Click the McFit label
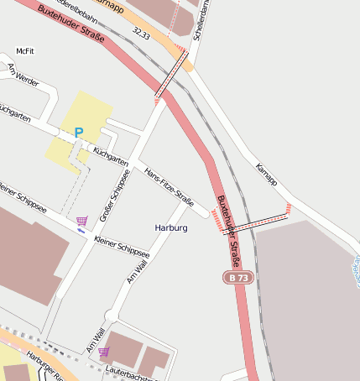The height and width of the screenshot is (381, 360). pyautogui.click(x=24, y=51)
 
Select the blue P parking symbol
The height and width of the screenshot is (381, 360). pyautogui.click(x=79, y=132)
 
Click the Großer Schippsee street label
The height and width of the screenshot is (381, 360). pyautogui.click(x=115, y=196)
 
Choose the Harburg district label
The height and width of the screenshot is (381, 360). pyautogui.click(x=171, y=227)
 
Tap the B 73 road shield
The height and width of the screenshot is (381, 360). pyautogui.click(x=237, y=277)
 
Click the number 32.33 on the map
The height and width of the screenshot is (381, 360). pyautogui.click(x=141, y=35)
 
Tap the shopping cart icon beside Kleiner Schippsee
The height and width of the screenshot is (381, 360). pyautogui.click(x=81, y=221)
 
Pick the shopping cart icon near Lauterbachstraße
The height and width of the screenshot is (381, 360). pyautogui.click(x=104, y=352)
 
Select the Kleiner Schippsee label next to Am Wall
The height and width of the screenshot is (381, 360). pyautogui.click(x=122, y=247)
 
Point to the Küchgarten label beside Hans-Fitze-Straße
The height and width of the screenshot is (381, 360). pyautogui.click(x=111, y=154)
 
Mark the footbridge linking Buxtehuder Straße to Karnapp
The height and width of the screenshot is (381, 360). pyautogui.click(x=256, y=221)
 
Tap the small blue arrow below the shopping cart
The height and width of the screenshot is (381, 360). pyautogui.click(x=81, y=230)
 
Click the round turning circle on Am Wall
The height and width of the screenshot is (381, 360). pyautogui.click(x=110, y=316)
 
